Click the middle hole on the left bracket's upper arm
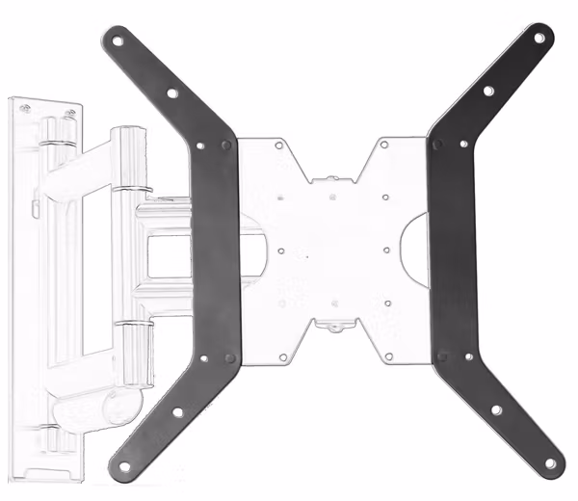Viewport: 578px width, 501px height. (x=171, y=94)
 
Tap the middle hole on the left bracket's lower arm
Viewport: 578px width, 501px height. (x=172, y=417)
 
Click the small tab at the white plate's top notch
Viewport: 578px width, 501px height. (x=331, y=177)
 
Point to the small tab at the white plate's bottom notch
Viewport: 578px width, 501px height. (x=333, y=327)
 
